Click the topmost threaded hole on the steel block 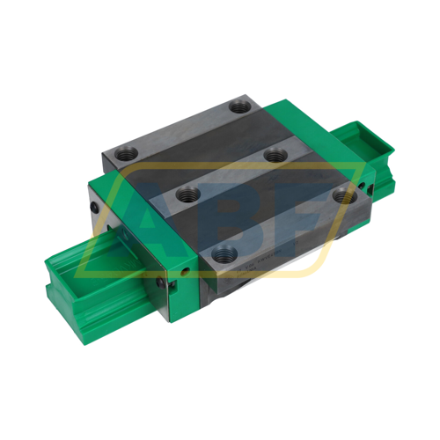[x=239, y=106]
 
